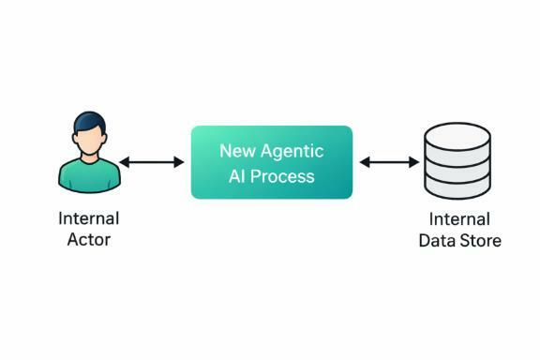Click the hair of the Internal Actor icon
pos(89,121)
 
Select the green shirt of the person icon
pos(89,174)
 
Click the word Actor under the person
pos(89,240)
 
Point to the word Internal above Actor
pos(89,219)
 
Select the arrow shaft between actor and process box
pos(152,162)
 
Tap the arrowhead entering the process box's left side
pos(180,162)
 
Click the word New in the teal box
pos(237,150)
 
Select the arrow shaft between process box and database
pos(389,162)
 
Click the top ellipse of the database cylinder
pos(458,134)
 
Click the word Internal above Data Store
pos(459,219)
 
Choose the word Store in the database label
pos(480,241)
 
